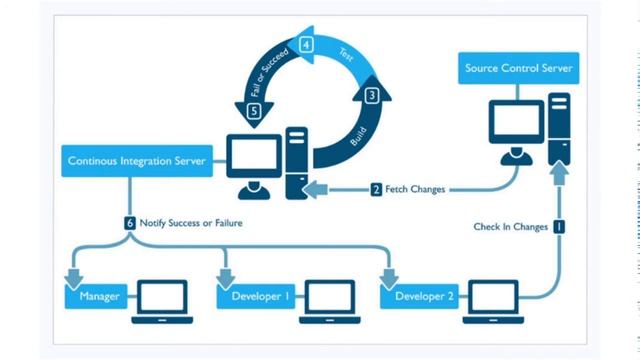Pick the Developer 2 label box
tap(424, 297)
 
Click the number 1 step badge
tap(559, 227)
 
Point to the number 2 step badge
tap(376, 188)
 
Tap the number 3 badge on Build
tap(372, 96)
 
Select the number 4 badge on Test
tap(307, 45)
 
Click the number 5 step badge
tap(253, 111)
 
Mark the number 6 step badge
tap(130, 223)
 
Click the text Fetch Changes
tap(414, 189)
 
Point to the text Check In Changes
tap(510, 227)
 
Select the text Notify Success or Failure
tap(190, 223)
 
